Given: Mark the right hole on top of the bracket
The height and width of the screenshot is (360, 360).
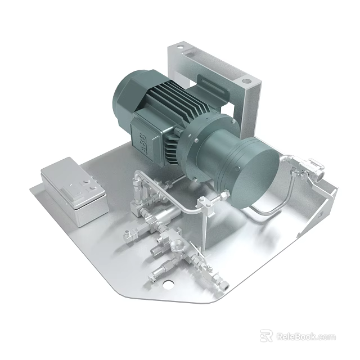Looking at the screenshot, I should [x=246, y=80].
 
